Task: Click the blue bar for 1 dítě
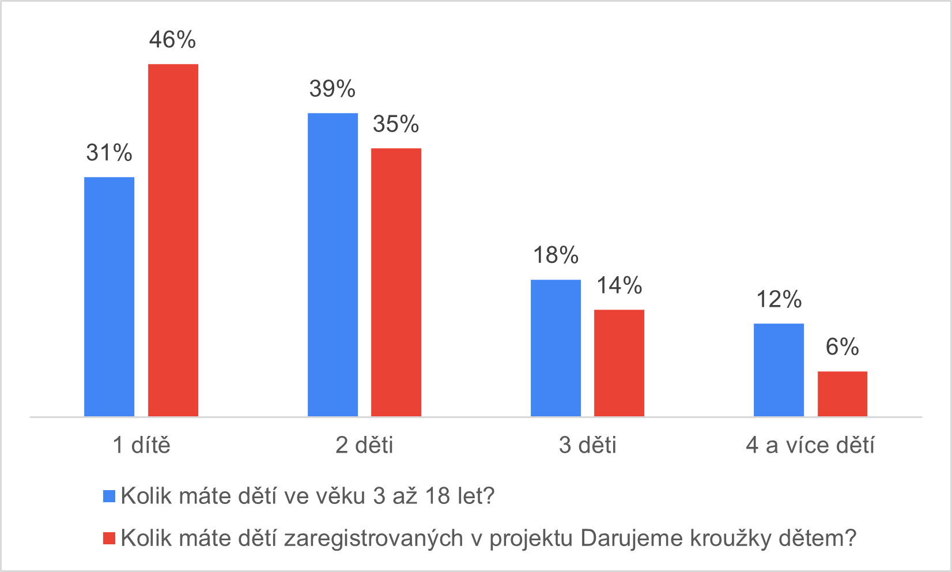(x=109, y=296)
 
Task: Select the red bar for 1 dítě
(x=173, y=240)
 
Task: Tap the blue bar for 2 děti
(x=333, y=265)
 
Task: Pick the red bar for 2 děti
(x=396, y=282)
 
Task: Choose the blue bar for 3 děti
(x=556, y=348)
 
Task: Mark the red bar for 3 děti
(x=619, y=363)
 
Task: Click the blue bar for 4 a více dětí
(x=779, y=370)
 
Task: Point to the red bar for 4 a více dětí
(x=842, y=394)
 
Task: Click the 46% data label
(x=172, y=40)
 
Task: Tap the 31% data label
(x=109, y=153)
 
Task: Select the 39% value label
(x=332, y=89)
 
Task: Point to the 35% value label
(x=396, y=124)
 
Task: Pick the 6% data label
(x=842, y=347)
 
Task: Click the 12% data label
(x=779, y=299)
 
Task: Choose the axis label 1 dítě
(x=141, y=445)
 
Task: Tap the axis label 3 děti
(x=587, y=445)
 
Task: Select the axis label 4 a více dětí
(x=810, y=445)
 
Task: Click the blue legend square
(x=109, y=496)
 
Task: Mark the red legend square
(x=109, y=538)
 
